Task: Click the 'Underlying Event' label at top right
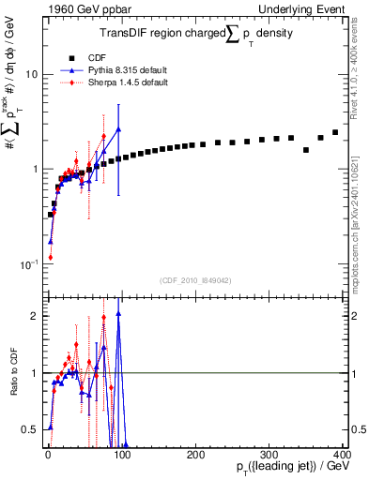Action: (309, 7)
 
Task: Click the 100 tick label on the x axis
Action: (121, 454)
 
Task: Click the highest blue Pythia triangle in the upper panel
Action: (118, 129)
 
